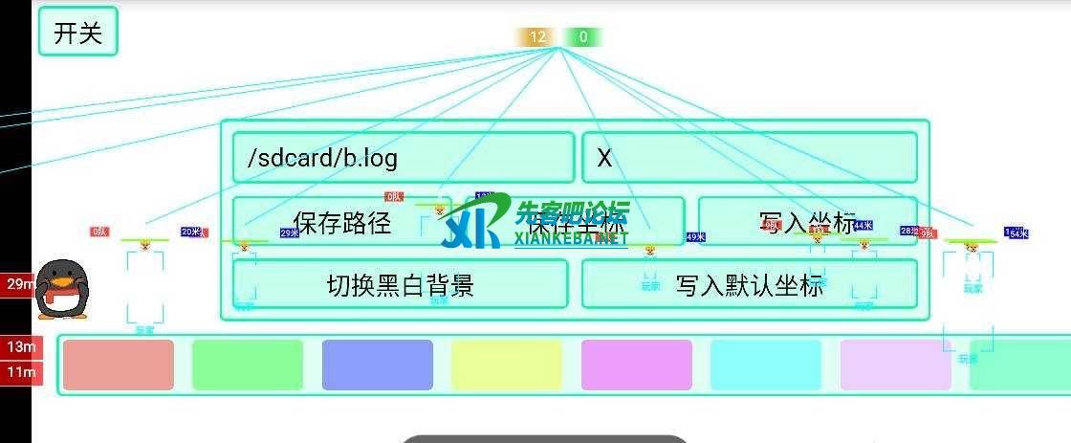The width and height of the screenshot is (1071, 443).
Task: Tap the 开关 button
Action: click(x=77, y=32)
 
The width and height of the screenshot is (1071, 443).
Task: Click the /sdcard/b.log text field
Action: click(x=403, y=157)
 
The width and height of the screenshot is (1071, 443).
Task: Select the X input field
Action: click(x=749, y=157)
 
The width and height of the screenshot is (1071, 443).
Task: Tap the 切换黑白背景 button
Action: click(x=400, y=284)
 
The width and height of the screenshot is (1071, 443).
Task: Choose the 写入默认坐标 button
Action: click(x=749, y=284)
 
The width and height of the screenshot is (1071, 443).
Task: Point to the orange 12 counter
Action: click(x=536, y=37)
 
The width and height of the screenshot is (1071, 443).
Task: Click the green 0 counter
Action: click(x=582, y=37)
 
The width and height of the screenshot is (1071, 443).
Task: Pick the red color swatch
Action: click(x=119, y=365)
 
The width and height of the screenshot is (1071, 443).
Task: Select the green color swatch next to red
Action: click(x=248, y=365)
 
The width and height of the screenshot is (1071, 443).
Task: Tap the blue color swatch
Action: click(x=377, y=365)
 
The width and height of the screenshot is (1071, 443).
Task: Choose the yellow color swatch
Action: click(x=507, y=365)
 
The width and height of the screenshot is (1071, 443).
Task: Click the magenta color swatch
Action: click(x=636, y=365)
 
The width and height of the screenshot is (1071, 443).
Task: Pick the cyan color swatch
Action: click(x=765, y=365)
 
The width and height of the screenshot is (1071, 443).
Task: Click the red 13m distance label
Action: click(x=20, y=346)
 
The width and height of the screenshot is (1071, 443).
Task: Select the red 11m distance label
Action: click(x=20, y=371)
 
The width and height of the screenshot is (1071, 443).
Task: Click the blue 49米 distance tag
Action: click(x=695, y=236)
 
